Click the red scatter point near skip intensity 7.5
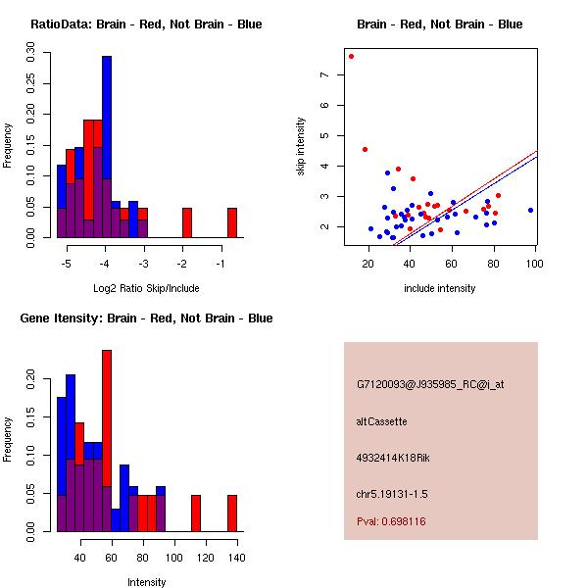coord(351,56)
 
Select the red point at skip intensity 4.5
coord(365,150)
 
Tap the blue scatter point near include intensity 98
coord(530,210)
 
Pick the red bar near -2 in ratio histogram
coord(186,222)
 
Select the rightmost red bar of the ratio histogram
coord(232,222)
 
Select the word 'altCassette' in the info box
coord(381,421)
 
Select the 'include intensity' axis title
coord(440,288)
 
